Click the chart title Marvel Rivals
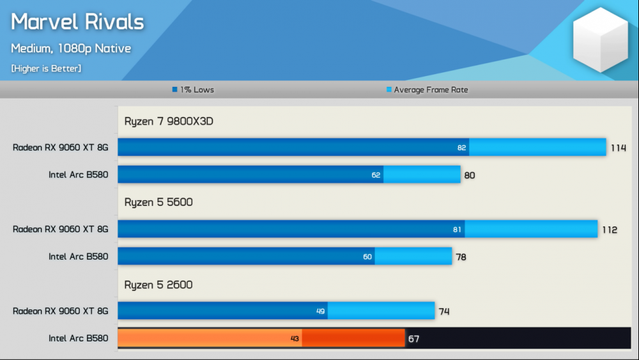tap(77, 22)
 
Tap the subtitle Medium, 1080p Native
tap(71, 48)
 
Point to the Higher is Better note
tap(46, 68)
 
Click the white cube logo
tap(601, 40)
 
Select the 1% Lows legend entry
tap(193, 90)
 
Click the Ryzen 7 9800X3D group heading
tap(169, 121)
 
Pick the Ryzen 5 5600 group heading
tap(158, 203)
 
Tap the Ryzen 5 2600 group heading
tap(158, 285)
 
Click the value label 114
tap(619, 148)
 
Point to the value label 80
tap(470, 175)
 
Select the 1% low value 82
tap(462, 148)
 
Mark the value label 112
tap(610, 230)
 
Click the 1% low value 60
tap(367, 257)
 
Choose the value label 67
tap(414, 339)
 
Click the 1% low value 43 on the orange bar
tap(295, 339)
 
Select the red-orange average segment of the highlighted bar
tap(353, 338)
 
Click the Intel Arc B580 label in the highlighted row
tap(79, 338)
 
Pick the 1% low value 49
tap(321, 311)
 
